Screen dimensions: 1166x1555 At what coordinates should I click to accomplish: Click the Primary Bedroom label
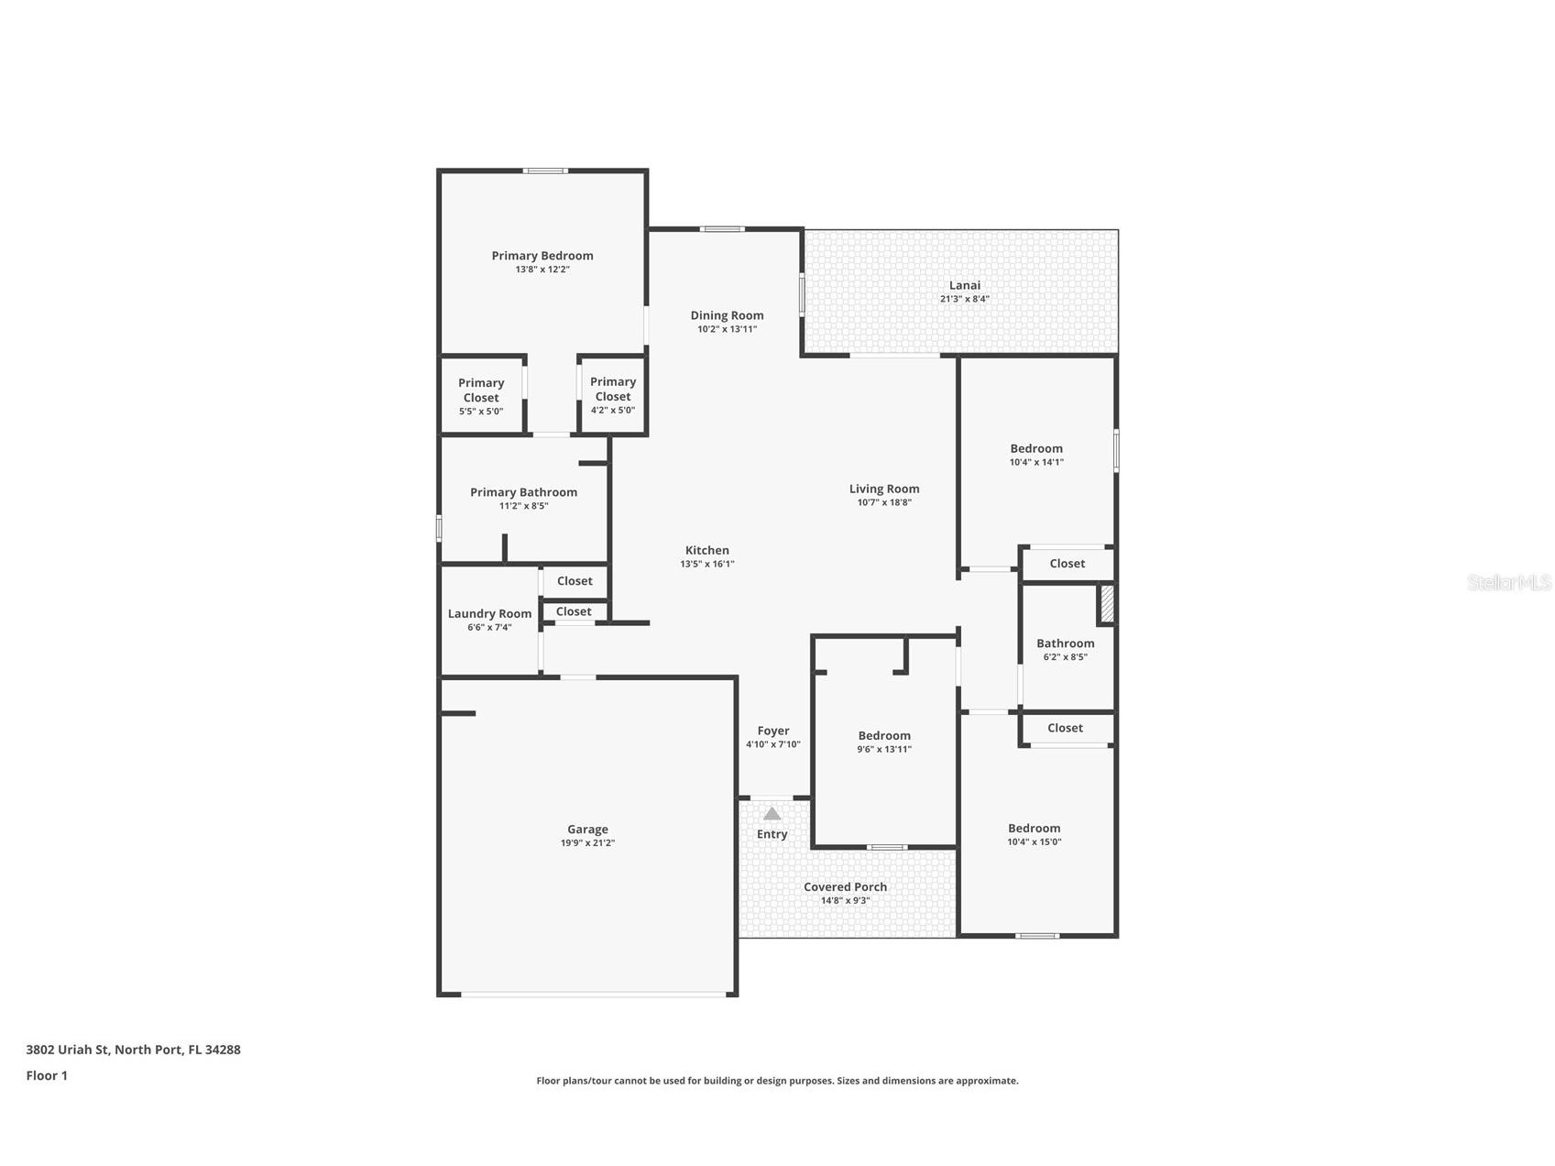click(542, 256)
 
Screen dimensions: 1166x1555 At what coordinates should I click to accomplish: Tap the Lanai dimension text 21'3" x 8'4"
click(964, 299)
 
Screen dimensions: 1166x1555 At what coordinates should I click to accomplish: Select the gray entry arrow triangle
click(772, 814)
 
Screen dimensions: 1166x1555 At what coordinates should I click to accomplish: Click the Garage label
click(587, 830)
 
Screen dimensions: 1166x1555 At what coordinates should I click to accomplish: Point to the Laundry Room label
click(489, 614)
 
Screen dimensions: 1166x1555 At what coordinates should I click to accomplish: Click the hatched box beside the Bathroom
click(1107, 604)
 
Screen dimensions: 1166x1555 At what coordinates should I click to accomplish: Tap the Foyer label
click(772, 731)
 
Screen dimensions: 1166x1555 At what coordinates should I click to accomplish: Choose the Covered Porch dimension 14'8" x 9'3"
click(845, 900)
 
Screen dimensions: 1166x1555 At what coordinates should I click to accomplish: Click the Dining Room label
click(727, 315)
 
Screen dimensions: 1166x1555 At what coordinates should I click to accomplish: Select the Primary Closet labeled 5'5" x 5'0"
click(481, 390)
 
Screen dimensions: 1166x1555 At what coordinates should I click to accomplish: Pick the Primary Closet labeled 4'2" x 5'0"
click(613, 390)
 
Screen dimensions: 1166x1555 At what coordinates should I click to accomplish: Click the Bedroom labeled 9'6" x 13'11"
click(884, 735)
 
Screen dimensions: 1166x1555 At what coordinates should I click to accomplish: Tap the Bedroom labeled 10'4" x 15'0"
click(1034, 828)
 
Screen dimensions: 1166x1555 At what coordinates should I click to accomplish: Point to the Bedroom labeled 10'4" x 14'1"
click(1036, 448)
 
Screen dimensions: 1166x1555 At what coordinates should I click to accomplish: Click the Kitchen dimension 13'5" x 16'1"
click(706, 565)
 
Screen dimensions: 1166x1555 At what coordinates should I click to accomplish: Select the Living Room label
click(883, 489)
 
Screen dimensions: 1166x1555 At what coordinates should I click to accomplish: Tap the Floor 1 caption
click(47, 1075)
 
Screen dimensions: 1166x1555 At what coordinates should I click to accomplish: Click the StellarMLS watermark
click(1508, 582)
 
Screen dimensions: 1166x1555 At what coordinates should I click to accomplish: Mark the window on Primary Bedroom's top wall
click(545, 170)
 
